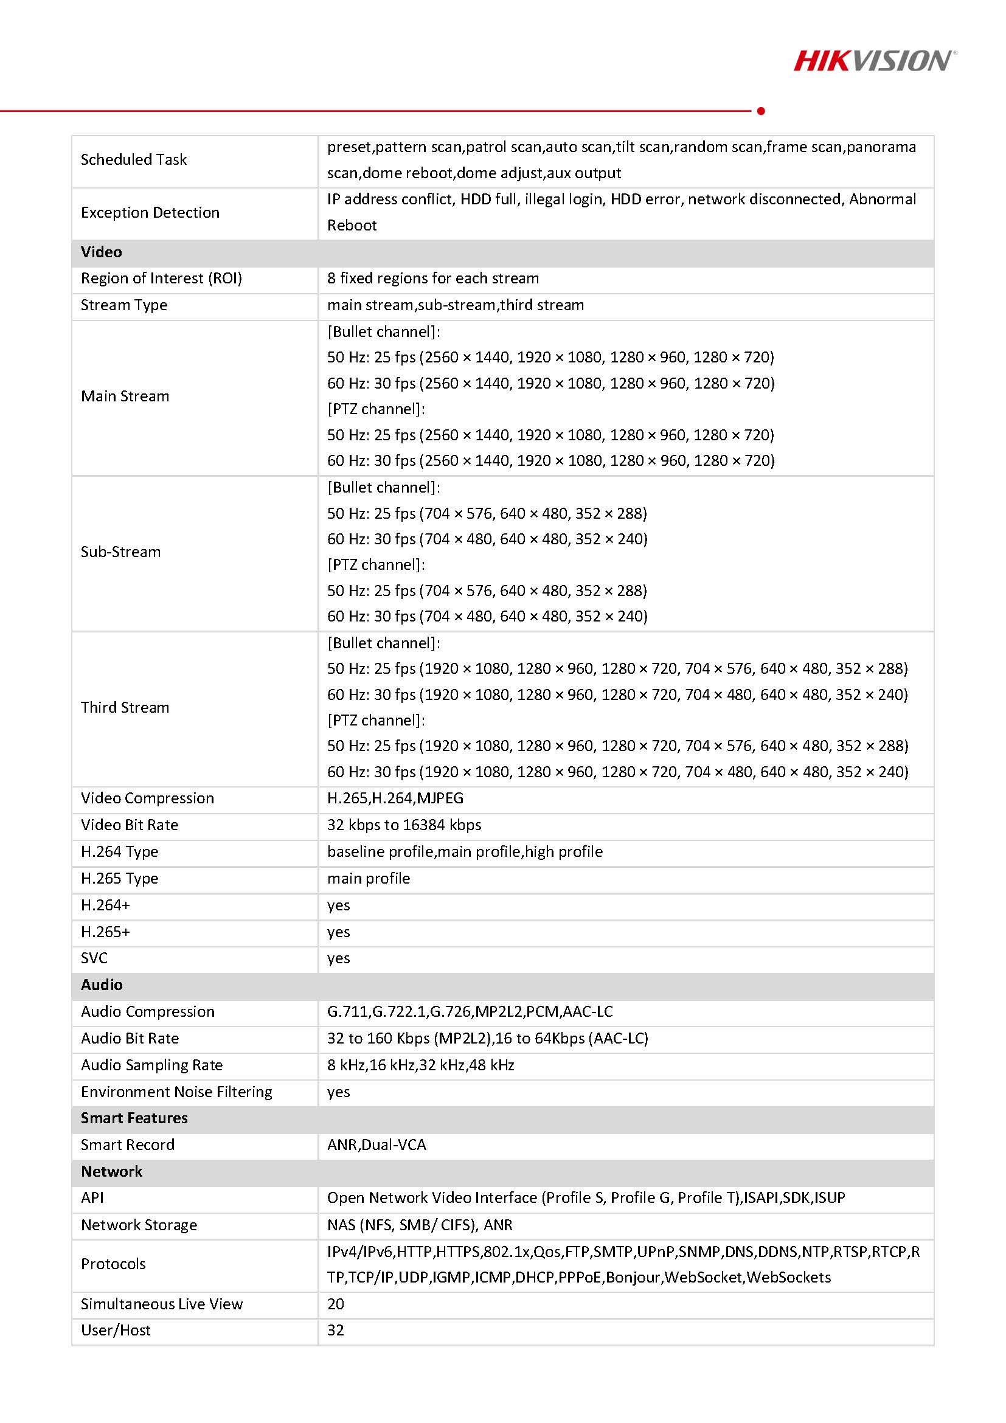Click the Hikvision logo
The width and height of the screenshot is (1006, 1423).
coord(875,61)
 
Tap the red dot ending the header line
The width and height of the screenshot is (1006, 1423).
coord(761,111)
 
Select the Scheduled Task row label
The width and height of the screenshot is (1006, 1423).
coord(133,160)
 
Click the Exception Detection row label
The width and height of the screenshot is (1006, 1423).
coord(150,213)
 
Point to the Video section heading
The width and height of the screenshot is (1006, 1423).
coord(101,252)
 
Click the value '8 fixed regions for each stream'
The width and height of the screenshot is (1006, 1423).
coord(432,279)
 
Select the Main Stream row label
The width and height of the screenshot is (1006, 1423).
coord(125,396)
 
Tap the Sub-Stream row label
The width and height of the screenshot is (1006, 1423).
coord(120,552)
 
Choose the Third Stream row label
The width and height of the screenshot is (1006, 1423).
coord(125,707)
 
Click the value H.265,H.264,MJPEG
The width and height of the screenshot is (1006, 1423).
coord(395,798)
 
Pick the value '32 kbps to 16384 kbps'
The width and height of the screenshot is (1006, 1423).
coord(403,825)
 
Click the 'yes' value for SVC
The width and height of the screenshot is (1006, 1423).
coord(338,958)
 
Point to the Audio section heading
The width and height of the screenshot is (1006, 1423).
coord(102,985)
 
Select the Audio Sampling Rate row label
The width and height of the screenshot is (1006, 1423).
coord(151,1065)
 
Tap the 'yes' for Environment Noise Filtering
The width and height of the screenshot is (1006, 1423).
coord(338,1092)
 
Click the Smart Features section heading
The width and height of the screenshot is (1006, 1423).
coord(134,1118)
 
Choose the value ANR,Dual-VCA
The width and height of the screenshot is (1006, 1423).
coord(376,1144)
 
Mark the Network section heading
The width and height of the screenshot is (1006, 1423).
coord(111,1171)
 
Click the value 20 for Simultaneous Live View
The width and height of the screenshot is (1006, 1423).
coord(335,1304)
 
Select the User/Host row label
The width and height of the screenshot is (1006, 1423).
coord(116,1330)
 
